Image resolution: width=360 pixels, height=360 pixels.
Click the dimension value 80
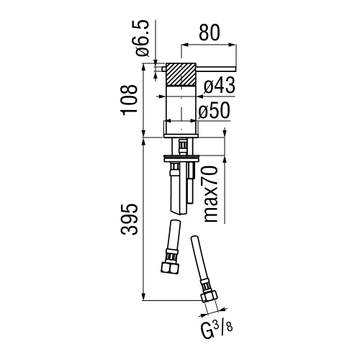click(x=207, y=33)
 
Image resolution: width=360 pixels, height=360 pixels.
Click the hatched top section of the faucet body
click(x=183, y=74)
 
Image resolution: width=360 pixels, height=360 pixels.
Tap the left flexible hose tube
click(x=173, y=238)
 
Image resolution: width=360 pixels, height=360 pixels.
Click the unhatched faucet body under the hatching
click(x=183, y=108)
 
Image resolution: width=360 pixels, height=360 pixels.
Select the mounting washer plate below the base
click(x=183, y=155)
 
